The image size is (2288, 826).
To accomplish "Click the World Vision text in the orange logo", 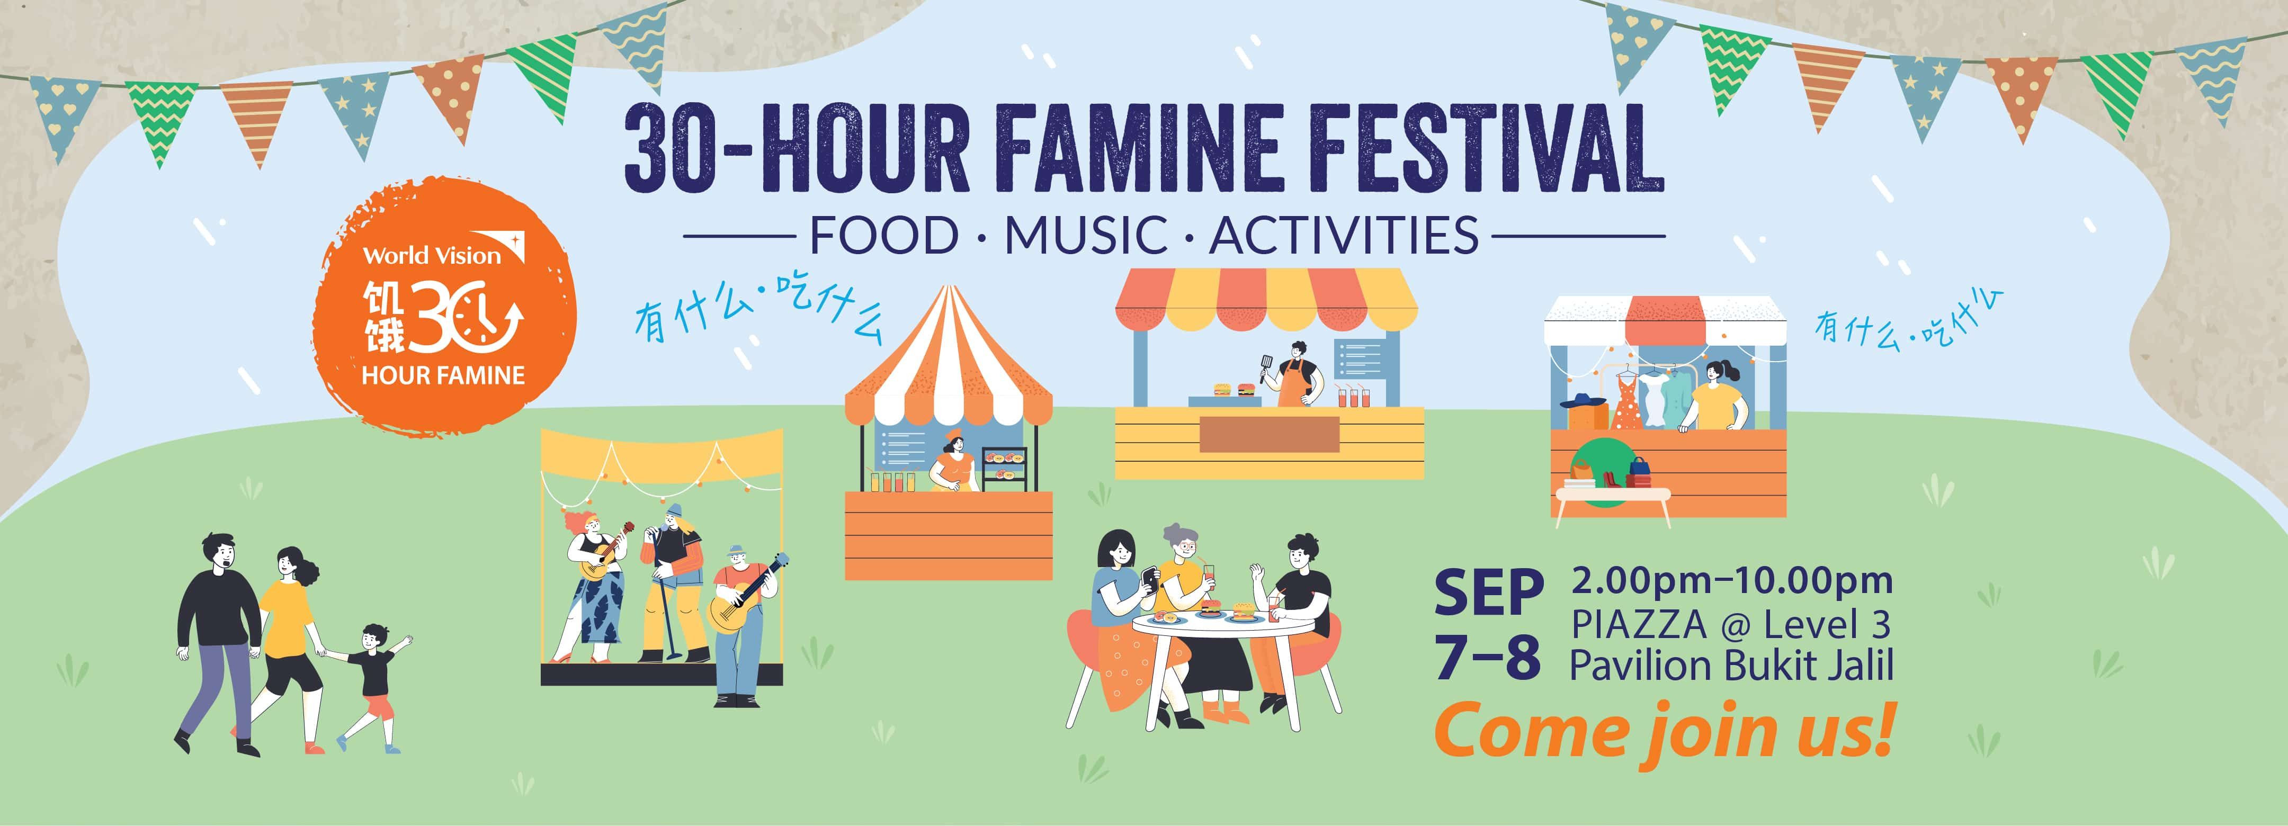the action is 433,256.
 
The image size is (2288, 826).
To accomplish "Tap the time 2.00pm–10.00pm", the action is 1731,581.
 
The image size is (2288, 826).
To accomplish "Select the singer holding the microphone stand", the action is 673,582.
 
